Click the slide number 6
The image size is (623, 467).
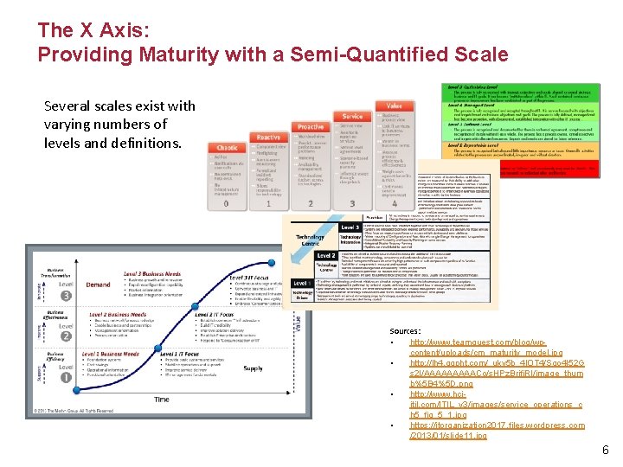pyautogui.click(x=606, y=450)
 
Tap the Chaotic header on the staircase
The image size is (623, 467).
pyautogui.click(x=227, y=147)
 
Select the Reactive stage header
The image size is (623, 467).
pyautogui.click(x=269, y=137)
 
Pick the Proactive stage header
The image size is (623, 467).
pyautogui.click(x=310, y=126)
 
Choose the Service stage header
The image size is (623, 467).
pyautogui.click(x=352, y=116)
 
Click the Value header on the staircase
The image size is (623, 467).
pyautogui.click(x=395, y=105)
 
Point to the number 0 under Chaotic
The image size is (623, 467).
pyautogui.click(x=227, y=204)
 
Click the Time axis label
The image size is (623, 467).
pyautogui.click(x=162, y=400)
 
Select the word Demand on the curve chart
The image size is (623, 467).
pyautogui.click(x=97, y=283)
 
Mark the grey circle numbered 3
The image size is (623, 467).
pyautogui.click(x=66, y=295)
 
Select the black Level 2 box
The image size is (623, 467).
pyautogui.click(x=326, y=256)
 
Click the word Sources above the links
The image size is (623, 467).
pyautogui.click(x=406, y=331)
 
